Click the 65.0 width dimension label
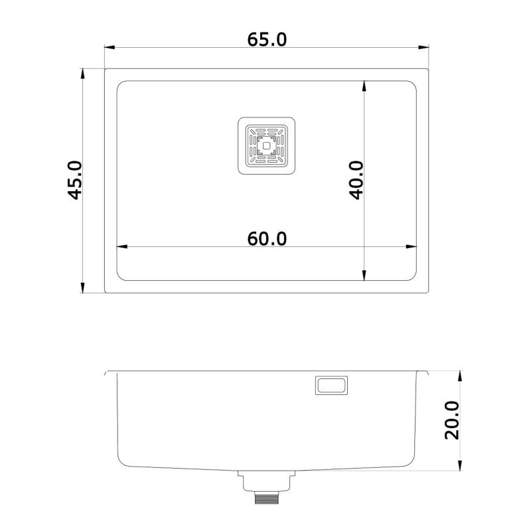267,40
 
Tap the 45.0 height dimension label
74,180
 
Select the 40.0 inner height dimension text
356,180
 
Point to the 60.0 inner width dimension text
267,238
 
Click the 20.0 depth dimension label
452,419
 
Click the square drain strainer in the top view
267,146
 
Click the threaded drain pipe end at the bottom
267,497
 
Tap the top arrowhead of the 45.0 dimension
82,72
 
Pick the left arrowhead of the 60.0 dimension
121,247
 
